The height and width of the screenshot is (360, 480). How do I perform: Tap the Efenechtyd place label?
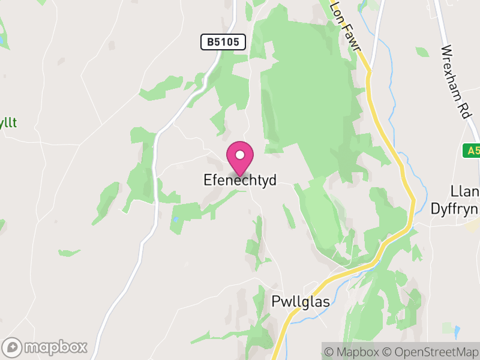click(x=240, y=180)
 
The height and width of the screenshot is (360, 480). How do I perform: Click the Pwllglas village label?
click(x=301, y=302)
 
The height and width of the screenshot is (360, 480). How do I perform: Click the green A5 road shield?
click(x=472, y=151)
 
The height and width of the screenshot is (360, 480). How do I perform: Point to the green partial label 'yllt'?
click(x=8, y=122)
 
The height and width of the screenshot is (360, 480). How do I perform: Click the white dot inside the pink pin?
click(x=240, y=155)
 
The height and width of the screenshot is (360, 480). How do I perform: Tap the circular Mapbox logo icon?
click(x=13, y=347)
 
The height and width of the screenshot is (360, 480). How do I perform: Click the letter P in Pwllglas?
click(x=276, y=302)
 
